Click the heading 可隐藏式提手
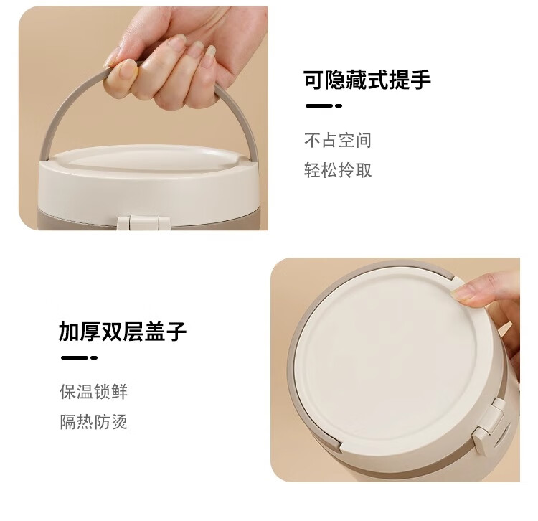[x=367, y=80]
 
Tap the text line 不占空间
[x=338, y=141]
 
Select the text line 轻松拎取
[x=338, y=170]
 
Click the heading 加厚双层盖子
[x=123, y=332]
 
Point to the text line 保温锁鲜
[x=94, y=392]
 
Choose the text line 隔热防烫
[x=94, y=422]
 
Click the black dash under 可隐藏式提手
[x=324, y=105]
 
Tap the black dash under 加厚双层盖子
[x=79, y=357]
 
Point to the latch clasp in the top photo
[x=143, y=223]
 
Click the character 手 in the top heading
[x=420, y=80]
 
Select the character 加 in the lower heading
[x=69, y=332]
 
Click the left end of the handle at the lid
[x=44, y=151]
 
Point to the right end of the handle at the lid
[x=253, y=151]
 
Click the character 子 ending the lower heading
[x=176, y=332]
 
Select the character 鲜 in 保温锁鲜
[x=119, y=392]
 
